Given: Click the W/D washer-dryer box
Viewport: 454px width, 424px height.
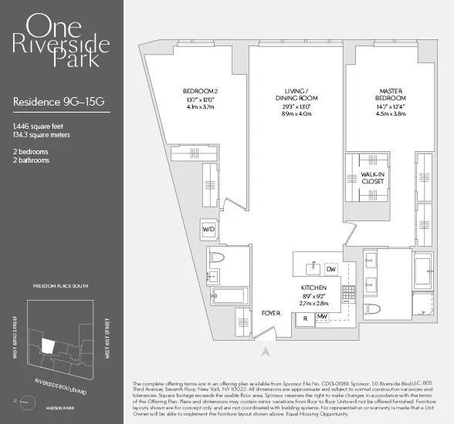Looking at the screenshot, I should (208, 230).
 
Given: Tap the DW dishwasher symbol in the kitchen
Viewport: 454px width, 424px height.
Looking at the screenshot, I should (331, 269).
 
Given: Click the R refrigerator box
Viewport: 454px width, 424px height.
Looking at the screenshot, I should (305, 316).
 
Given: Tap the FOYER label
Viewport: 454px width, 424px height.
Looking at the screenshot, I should (270, 313).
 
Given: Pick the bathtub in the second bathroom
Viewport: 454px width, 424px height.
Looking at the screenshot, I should (226, 294).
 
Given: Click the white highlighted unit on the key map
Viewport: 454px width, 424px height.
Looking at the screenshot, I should (48, 347).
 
